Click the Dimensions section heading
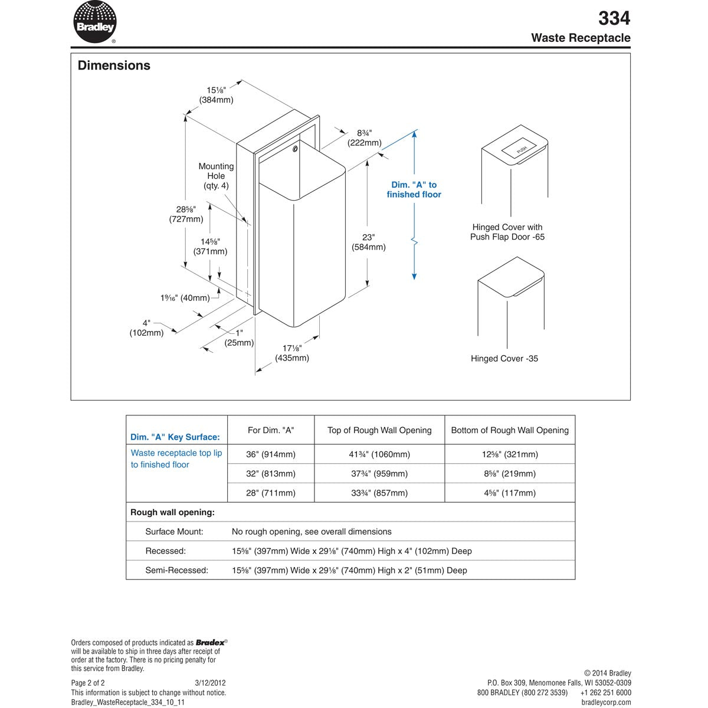pos(114,65)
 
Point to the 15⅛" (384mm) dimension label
pos(216,95)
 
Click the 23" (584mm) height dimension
pos(369,242)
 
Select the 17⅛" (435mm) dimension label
pos(292,353)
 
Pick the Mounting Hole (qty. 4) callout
pos(216,176)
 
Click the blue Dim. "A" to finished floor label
pos(414,189)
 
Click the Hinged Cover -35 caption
pos(504,359)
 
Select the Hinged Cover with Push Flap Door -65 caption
pos(507,232)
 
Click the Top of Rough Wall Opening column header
pos(379,430)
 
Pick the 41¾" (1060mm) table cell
pos(379,454)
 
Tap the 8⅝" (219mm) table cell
pos(510,474)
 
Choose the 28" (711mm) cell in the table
pos(271,493)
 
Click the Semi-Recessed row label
pos(176,571)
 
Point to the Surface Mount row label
pos(174,532)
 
